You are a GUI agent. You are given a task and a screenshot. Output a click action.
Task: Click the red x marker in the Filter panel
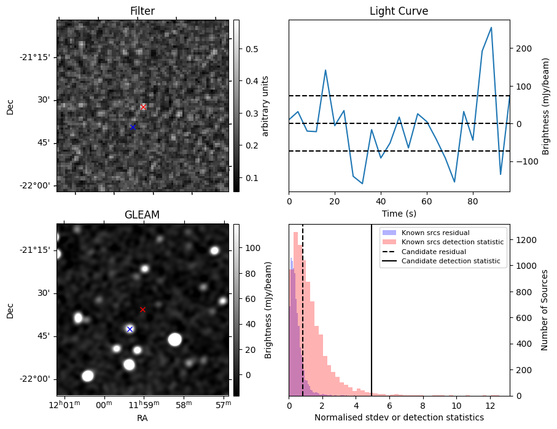tap(143, 107)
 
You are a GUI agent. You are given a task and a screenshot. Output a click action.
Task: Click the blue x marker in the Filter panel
tap(133, 127)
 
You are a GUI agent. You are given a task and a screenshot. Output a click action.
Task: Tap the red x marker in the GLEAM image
tap(142, 310)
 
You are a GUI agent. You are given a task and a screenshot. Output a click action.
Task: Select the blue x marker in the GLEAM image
tap(130, 330)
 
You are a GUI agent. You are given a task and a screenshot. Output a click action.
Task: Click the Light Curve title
tap(399, 11)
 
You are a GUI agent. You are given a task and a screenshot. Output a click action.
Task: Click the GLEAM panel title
tap(142, 215)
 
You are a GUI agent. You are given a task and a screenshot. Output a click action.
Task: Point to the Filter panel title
tap(142, 11)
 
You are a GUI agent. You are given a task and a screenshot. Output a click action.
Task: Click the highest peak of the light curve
tap(491, 28)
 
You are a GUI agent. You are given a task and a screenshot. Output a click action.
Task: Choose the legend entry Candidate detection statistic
tap(450, 261)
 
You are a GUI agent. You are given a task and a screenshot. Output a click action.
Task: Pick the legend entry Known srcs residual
tap(435, 233)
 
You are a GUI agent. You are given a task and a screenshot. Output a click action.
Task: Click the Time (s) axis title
tap(399, 212)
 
